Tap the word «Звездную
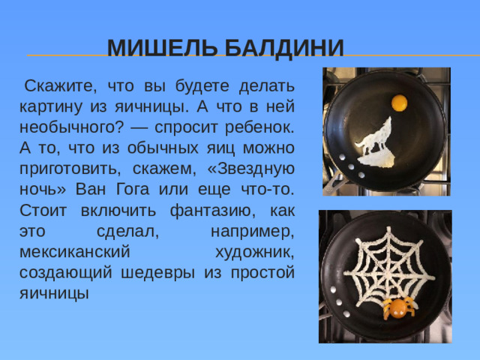pyautogui.click(x=250, y=168)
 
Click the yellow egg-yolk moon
pyautogui.click(x=400, y=100)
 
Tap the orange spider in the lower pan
pyautogui.click(x=399, y=306)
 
